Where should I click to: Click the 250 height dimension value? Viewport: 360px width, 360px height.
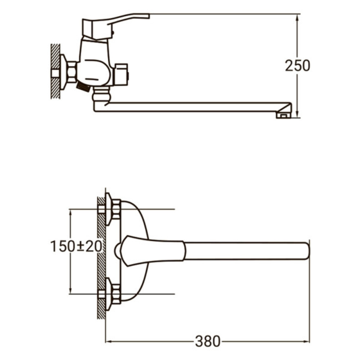click(x=297, y=66)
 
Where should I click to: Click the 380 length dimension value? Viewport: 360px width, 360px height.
click(x=207, y=341)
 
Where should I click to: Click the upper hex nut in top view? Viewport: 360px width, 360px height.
click(x=116, y=209)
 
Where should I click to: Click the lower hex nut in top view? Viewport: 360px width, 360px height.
click(x=116, y=293)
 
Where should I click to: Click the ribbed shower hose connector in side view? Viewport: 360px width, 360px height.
click(x=83, y=87)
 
